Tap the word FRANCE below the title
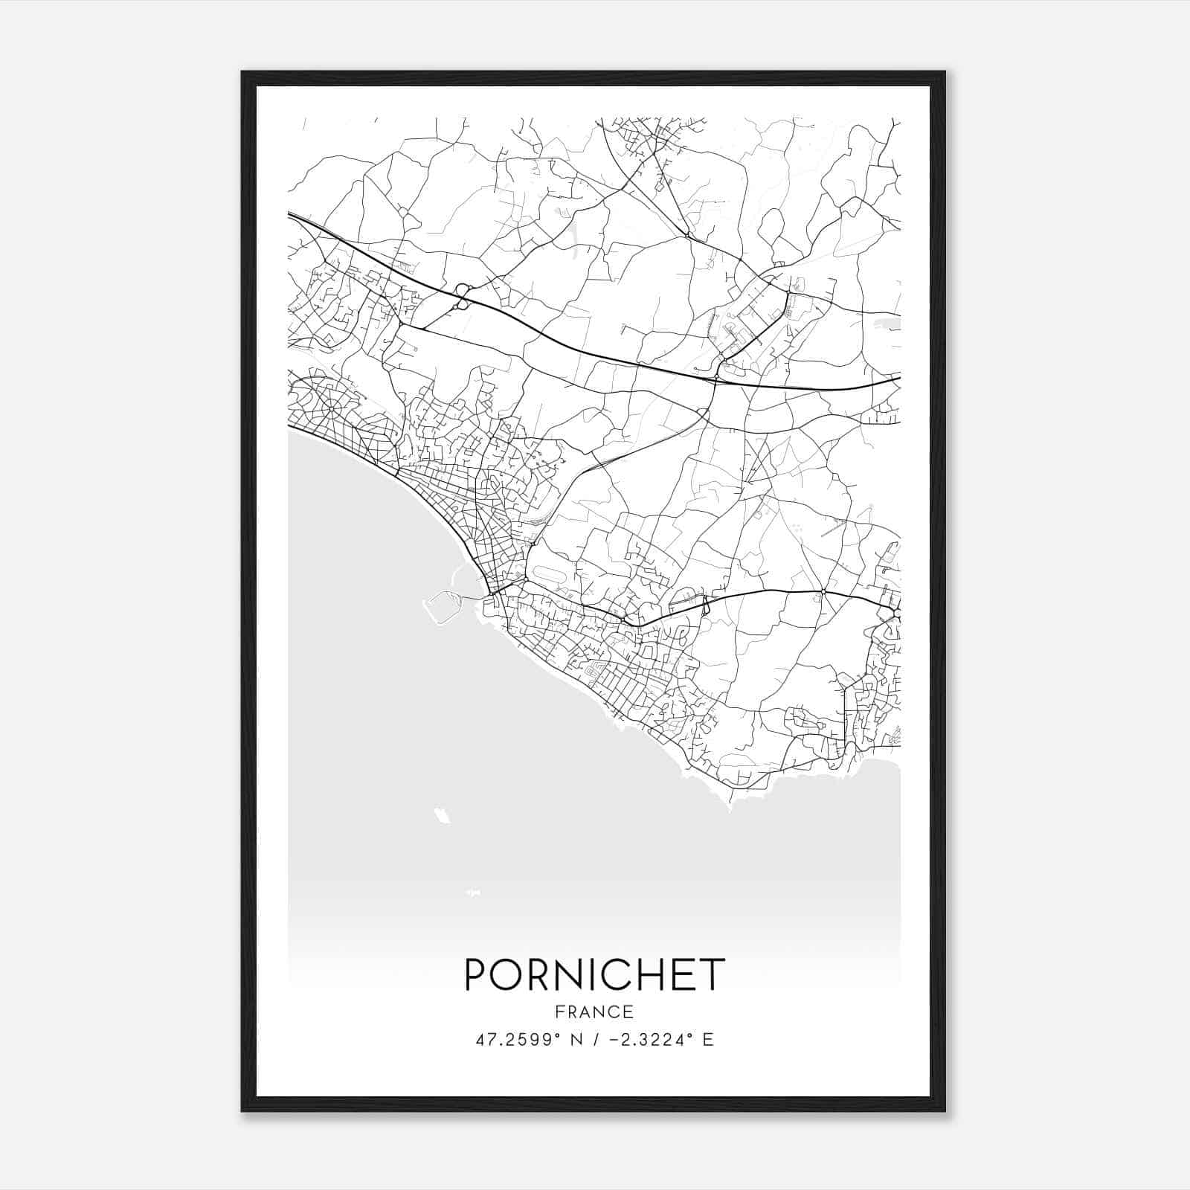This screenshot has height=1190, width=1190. click(594, 1011)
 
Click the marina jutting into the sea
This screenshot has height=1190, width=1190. click(441, 606)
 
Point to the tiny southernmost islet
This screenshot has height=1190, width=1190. click(472, 891)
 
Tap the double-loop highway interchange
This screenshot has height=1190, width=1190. click(463, 297)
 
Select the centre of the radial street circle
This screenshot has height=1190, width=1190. click(331, 408)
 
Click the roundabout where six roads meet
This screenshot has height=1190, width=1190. click(823, 592)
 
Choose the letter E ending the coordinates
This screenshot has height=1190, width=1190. click(708, 1040)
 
